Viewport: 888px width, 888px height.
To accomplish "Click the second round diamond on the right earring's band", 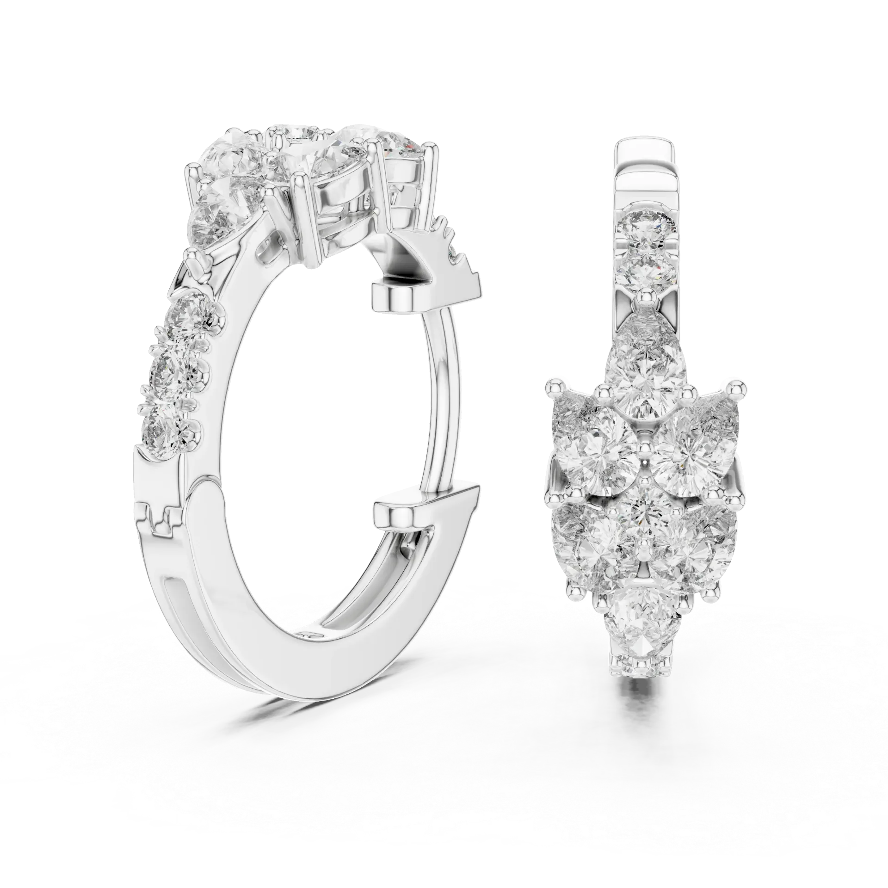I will tap(647, 271).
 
